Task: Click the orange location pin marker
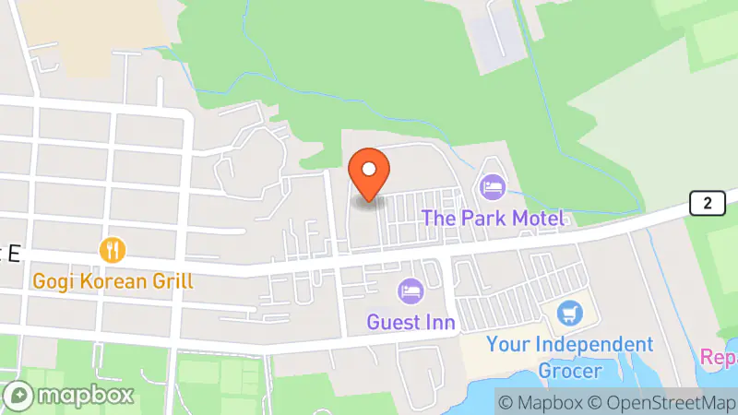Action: (369, 172)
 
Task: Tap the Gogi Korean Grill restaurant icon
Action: (113, 249)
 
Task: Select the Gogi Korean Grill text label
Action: (113, 280)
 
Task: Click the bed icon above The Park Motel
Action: (493, 187)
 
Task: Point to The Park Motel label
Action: (493, 219)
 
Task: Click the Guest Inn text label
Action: (411, 322)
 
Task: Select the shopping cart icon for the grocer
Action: (569, 314)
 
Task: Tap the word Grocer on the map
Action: (569, 371)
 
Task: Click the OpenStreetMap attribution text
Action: (666, 402)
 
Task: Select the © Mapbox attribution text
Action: (541, 402)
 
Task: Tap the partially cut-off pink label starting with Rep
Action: (719, 356)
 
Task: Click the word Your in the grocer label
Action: (506, 345)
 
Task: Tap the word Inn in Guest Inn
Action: (439, 322)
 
